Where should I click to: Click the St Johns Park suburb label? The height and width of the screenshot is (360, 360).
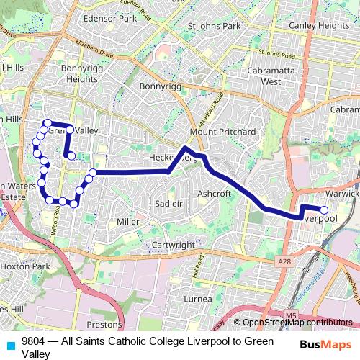(214, 26)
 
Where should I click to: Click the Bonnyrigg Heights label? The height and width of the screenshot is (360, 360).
(79, 73)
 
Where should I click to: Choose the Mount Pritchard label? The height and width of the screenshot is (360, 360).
(222, 132)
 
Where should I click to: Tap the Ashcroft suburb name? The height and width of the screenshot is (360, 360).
(214, 194)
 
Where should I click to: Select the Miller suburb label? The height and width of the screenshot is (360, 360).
(127, 222)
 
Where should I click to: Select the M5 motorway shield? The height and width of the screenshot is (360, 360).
(290, 315)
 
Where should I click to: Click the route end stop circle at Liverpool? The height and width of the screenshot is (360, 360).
(324, 210)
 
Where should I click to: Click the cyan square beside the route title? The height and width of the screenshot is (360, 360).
(11, 345)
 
